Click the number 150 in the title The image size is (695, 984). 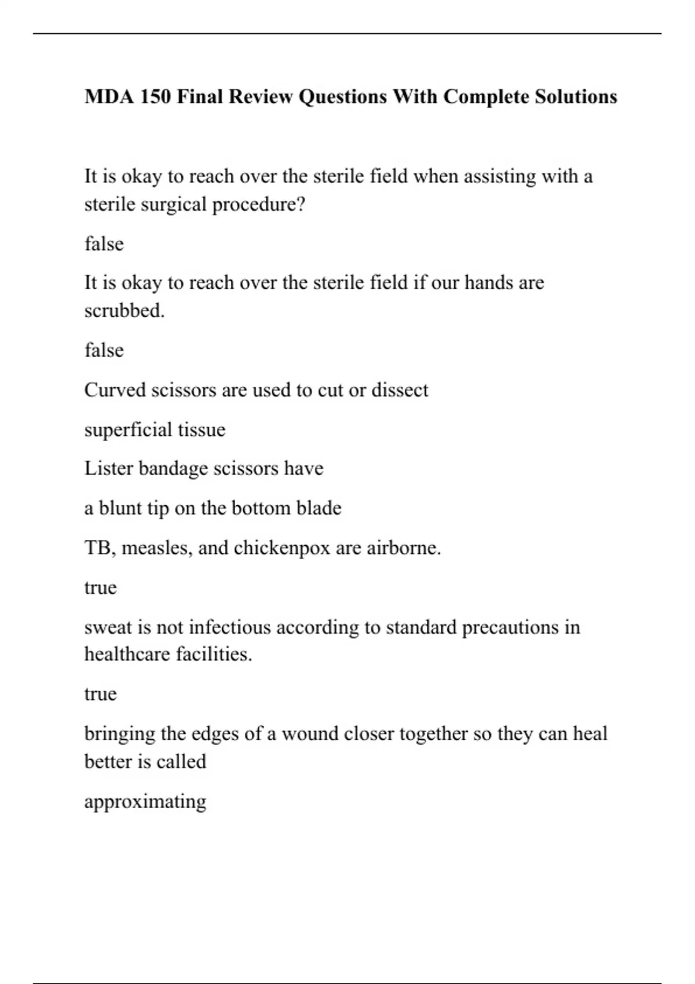tap(155, 96)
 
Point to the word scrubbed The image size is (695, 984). tap(125, 311)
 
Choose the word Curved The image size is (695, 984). tap(115, 390)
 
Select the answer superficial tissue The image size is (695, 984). tap(155, 429)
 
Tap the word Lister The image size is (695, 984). tap(108, 468)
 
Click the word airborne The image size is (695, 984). tap(403, 548)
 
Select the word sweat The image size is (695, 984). tap(108, 627)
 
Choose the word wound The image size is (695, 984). tap(310, 734)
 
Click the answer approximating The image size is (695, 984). tap(145, 802)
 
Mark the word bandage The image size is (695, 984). tap(173, 468)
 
